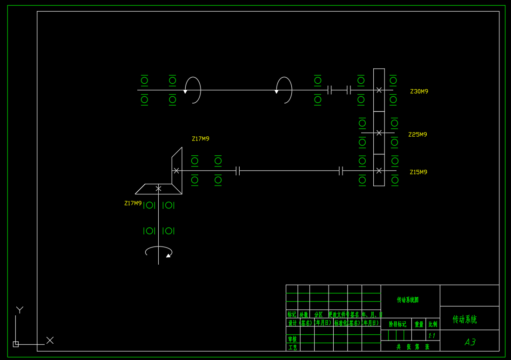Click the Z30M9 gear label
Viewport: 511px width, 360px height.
(x=419, y=92)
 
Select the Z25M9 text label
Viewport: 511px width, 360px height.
(x=417, y=134)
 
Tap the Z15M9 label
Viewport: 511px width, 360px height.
(x=418, y=172)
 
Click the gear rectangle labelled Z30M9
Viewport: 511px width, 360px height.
(x=379, y=90)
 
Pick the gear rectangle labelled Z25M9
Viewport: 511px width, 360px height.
(x=379, y=133)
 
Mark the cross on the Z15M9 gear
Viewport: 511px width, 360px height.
(x=379, y=171)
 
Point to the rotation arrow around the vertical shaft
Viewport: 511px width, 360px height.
(x=158, y=252)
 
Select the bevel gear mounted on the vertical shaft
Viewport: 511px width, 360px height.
(x=158, y=189)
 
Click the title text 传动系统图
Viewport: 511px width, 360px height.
(x=408, y=300)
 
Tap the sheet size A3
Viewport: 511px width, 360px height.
(x=470, y=342)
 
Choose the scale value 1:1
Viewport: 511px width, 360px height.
(x=432, y=335)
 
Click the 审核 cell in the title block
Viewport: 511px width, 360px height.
(x=292, y=339)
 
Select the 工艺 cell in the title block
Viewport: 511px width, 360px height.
(x=292, y=347)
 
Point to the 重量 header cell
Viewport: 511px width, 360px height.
(x=419, y=324)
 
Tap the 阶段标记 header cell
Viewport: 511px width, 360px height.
(x=397, y=324)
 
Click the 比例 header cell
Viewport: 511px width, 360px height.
(x=433, y=324)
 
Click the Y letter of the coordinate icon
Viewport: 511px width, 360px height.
(x=20, y=309)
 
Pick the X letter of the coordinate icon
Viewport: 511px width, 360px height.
(x=50, y=340)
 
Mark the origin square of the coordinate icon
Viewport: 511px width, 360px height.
(x=16, y=344)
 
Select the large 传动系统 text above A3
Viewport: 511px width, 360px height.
(x=464, y=320)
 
